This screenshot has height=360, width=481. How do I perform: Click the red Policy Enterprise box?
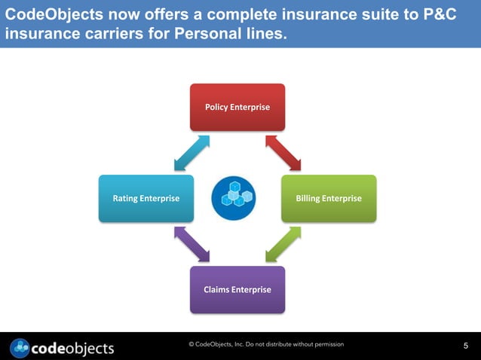click(x=237, y=107)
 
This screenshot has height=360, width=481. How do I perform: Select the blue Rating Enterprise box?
click(x=146, y=198)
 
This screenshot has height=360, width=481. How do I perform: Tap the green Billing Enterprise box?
click(x=328, y=198)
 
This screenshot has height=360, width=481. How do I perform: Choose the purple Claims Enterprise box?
click(x=237, y=289)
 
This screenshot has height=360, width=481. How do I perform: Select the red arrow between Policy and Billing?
click(x=283, y=153)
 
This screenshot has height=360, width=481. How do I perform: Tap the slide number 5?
click(x=465, y=346)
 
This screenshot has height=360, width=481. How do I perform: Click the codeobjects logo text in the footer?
click(x=73, y=347)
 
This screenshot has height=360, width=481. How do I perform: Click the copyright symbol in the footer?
click(x=191, y=344)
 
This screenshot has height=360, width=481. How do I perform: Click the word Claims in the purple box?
click(x=216, y=289)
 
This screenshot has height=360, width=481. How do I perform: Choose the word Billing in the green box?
click(x=310, y=198)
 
